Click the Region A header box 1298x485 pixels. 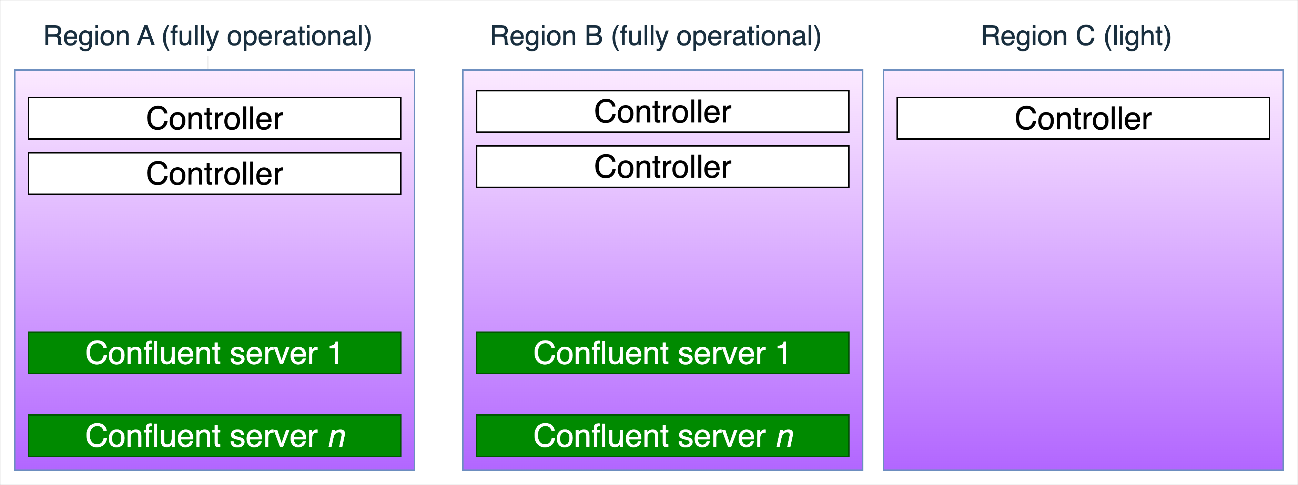pyautogui.click(x=207, y=35)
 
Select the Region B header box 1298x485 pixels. pyautogui.click(x=656, y=35)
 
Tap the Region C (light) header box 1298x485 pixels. pyautogui.click(x=1076, y=35)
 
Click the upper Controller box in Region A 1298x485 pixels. pyautogui.click(x=215, y=118)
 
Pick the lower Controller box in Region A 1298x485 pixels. pyautogui.click(x=215, y=174)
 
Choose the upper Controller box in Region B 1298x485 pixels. pyautogui.click(x=662, y=111)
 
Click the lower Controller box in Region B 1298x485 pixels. pyautogui.click(x=662, y=166)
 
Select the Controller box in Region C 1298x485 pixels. pyautogui.click(x=1083, y=118)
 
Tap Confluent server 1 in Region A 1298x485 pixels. pyautogui.click(x=215, y=353)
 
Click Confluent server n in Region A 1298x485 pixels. pyautogui.click(x=215, y=436)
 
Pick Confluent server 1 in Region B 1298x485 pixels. pyautogui.click(x=662, y=353)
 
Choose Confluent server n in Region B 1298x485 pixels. pyautogui.click(x=662, y=436)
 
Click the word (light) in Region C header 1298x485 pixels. pyautogui.click(x=1137, y=36)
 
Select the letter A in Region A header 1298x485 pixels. pyautogui.click(x=146, y=36)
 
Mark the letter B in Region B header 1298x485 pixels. pyautogui.click(x=594, y=36)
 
